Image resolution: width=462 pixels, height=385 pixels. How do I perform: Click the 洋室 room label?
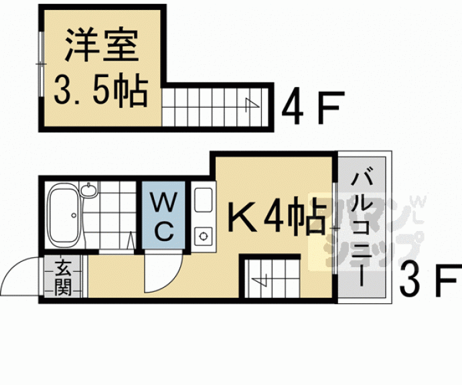coord(100,46)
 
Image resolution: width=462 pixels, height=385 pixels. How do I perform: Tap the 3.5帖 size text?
coord(100,92)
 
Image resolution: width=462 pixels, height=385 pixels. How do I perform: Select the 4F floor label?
coord(312,106)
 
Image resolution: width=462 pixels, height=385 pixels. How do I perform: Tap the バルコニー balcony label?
coord(363,228)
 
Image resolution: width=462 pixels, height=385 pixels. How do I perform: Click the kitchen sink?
coord(203,200)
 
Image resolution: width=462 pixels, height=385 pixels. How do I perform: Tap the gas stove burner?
coord(202,235)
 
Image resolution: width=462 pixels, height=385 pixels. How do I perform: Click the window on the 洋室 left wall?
coord(43,64)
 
